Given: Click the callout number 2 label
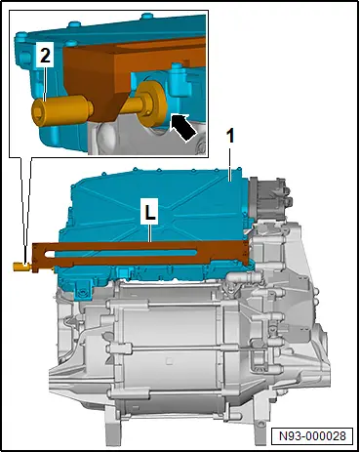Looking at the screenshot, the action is (45, 55).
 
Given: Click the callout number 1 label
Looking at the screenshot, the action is (230, 137).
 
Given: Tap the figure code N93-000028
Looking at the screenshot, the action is (312, 435).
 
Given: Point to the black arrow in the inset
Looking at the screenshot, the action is (183, 128).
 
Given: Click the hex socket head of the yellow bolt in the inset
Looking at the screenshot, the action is (38, 112).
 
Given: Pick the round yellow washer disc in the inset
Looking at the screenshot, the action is (152, 103).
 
